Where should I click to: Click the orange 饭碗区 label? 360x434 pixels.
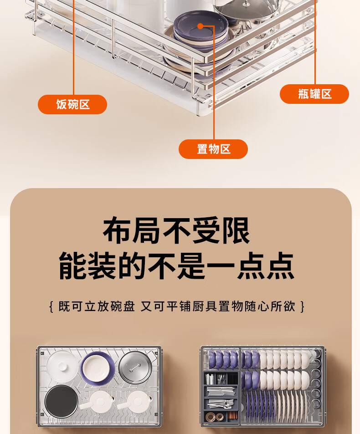[x=72, y=104]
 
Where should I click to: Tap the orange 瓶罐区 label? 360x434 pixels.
[x=314, y=94]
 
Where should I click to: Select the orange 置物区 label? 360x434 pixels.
[x=213, y=149]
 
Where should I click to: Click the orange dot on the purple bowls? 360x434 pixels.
[x=200, y=26]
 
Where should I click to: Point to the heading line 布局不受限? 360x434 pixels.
[x=177, y=230]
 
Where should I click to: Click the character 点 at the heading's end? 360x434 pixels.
[x=280, y=266]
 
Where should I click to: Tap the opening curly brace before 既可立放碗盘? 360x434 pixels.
[x=51, y=306]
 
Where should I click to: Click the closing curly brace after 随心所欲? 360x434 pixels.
[x=303, y=306]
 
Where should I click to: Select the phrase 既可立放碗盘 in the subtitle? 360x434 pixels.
[x=96, y=306]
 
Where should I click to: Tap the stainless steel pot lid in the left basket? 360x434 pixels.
[x=135, y=368]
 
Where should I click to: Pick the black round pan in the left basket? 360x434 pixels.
[x=62, y=401]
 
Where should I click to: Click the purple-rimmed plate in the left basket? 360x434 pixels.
[x=98, y=368]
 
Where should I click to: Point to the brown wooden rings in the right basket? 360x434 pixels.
[x=215, y=416]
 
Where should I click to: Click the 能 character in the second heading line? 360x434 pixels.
[x=73, y=266]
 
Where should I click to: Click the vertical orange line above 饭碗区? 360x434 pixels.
[x=73, y=47]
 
